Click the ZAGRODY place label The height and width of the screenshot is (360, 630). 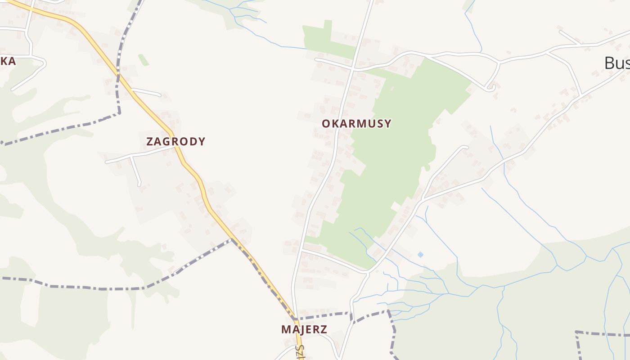(x=175, y=141)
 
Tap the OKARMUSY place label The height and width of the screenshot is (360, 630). (x=356, y=123)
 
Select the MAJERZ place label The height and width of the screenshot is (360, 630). (x=304, y=329)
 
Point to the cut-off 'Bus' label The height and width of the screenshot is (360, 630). (x=616, y=63)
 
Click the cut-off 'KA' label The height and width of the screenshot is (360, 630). (x=8, y=61)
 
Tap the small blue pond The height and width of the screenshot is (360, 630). (x=420, y=255)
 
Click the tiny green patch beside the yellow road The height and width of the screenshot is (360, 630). (x=144, y=60)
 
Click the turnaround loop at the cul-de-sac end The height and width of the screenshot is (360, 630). (x=491, y=87)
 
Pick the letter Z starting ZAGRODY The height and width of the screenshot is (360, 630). (x=150, y=141)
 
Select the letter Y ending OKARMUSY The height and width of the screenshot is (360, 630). (x=387, y=123)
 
